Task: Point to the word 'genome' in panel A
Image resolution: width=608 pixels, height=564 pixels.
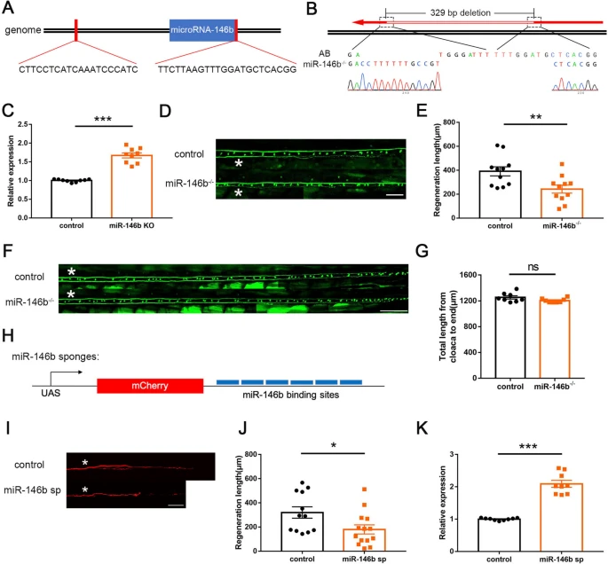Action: [x=22, y=31]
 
